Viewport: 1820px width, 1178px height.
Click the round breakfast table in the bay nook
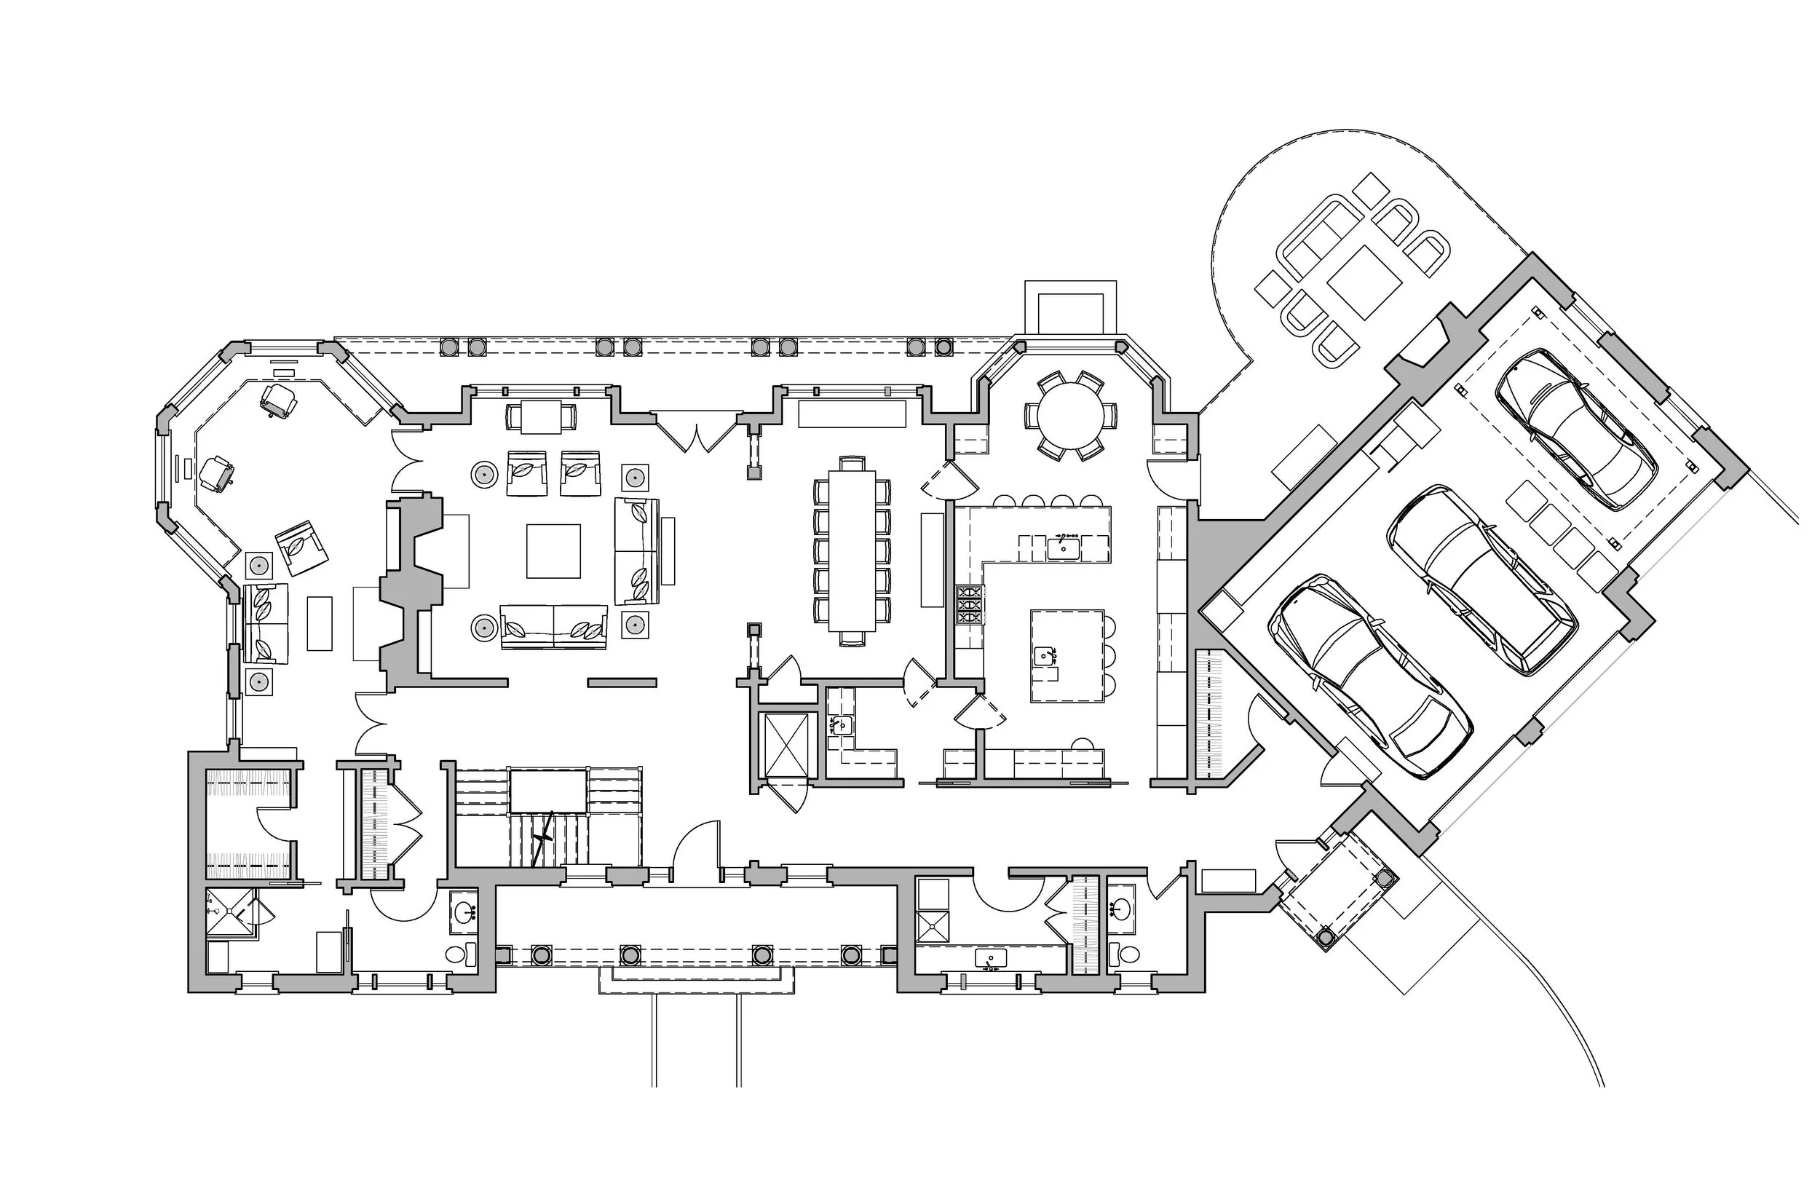click(x=1070, y=416)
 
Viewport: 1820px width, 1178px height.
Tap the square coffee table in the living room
click(x=553, y=550)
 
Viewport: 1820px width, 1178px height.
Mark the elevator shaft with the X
click(x=786, y=743)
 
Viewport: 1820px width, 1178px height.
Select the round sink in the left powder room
click(x=463, y=912)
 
